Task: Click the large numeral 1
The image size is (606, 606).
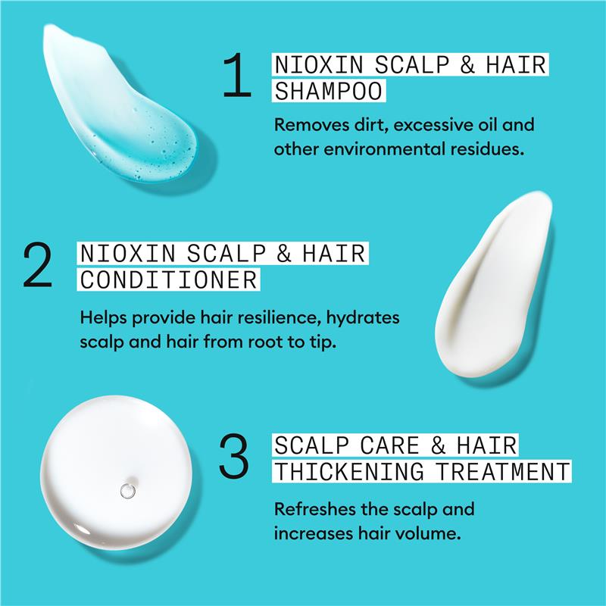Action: click(236, 74)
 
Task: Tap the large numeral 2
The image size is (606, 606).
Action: click(37, 264)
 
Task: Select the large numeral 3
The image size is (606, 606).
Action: click(234, 456)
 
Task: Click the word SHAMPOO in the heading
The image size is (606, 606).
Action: click(329, 91)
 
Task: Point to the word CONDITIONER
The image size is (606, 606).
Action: click(169, 280)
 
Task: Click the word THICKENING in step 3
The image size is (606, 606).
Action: click(349, 472)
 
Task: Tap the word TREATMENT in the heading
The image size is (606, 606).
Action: click(502, 472)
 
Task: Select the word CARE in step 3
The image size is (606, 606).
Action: click(389, 445)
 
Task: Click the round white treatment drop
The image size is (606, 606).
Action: click(116, 472)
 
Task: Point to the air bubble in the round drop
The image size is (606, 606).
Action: click(127, 491)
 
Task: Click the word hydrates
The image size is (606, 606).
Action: click(363, 318)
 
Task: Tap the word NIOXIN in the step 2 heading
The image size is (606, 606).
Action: click(128, 254)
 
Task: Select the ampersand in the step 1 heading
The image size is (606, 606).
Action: click(467, 64)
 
